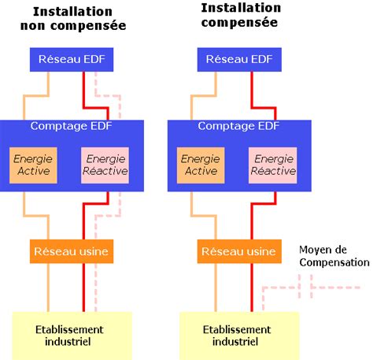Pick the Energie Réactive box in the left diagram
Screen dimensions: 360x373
click(105, 165)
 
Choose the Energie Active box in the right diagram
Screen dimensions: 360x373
click(200, 165)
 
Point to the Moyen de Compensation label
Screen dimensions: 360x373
click(333, 256)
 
